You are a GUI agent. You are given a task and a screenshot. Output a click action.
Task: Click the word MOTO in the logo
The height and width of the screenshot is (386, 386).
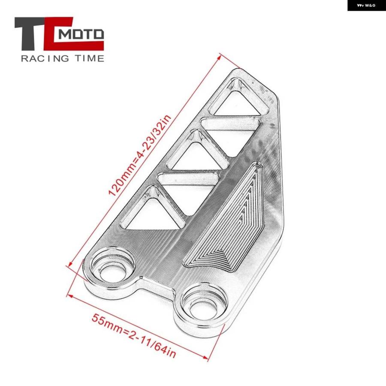tap(81, 34)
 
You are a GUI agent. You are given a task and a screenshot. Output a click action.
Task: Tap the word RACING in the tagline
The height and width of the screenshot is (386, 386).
tap(45, 59)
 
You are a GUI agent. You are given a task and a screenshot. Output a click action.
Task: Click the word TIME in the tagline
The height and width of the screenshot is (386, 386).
tap(90, 59)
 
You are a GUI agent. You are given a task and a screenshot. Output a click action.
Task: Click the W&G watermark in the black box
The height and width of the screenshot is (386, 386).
tap(366, 5)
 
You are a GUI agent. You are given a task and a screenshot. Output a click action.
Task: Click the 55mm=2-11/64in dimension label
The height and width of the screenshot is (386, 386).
tap(134, 335)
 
